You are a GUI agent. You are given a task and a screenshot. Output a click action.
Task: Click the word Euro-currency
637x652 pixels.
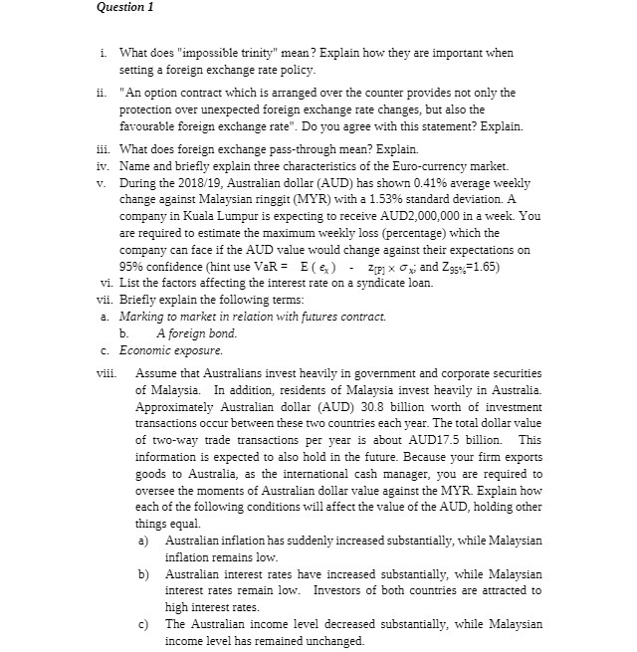415,165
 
